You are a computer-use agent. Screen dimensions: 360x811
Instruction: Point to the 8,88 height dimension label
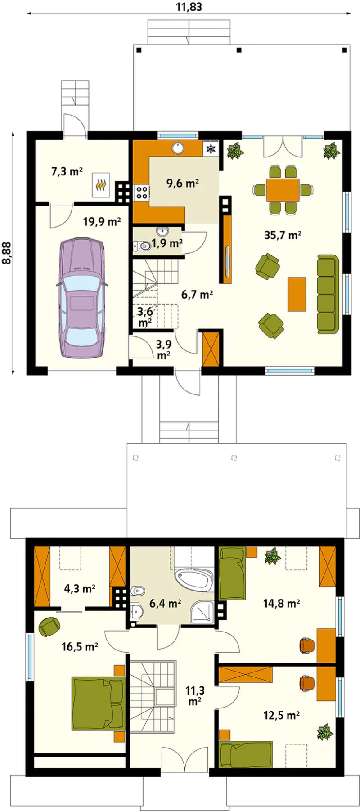pos(8,253)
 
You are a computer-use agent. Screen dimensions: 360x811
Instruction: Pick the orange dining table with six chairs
pos(283,189)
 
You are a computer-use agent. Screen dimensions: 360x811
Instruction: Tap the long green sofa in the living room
pos(328,294)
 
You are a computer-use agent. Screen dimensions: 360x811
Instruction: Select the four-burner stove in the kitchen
pos(142,193)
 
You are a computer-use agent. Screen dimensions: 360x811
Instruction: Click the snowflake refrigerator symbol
pos(211,148)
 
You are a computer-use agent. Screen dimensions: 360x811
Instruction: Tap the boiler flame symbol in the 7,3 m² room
pos(101,184)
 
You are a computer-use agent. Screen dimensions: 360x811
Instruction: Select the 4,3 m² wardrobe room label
pos(80,588)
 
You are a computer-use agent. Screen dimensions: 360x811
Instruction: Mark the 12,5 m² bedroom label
pos(282,715)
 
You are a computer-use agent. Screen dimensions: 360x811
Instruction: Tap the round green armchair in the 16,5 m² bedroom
pos(49,627)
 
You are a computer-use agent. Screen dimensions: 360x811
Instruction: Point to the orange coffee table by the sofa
pos(297,294)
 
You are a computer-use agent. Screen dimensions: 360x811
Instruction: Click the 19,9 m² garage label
pos(102,221)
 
